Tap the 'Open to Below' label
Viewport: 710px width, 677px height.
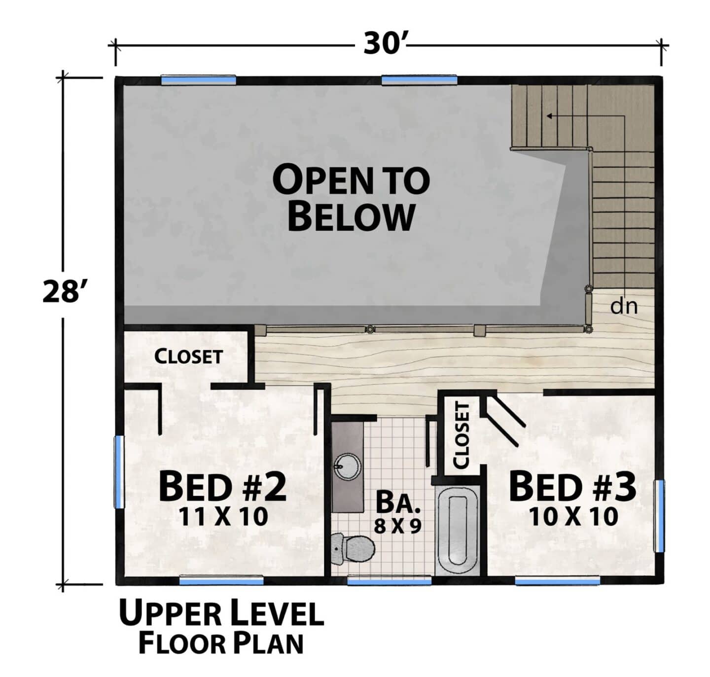pos(351,198)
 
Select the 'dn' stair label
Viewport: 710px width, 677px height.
pos(624,306)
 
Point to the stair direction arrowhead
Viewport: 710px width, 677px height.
pos(549,116)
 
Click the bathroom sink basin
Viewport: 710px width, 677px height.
pos(348,466)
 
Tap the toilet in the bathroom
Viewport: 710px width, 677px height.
pos(352,549)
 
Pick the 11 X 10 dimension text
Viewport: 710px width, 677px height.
pos(223,517)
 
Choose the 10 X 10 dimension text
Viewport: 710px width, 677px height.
pos(573,517)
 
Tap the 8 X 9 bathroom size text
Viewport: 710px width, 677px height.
pos(397,526)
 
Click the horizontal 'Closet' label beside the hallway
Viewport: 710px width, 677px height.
pos(188,356)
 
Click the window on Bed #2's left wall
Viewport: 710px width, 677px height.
pos(119,472)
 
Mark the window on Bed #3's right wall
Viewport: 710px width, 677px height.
pos(659,516)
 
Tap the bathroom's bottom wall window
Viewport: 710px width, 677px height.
pos(390,580)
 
